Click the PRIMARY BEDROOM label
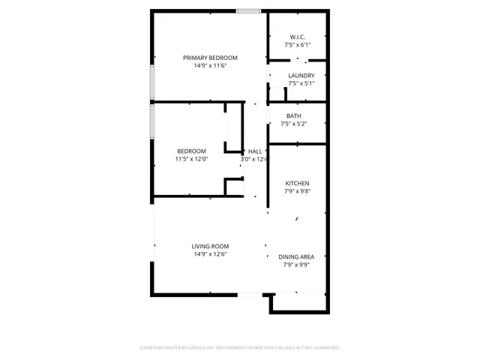pos(211,58)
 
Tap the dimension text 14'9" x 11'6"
pos(211,66)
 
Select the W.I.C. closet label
pos(298,37)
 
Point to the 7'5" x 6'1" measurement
pos(298,45)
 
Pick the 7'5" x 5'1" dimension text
pos(298,83)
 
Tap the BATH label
pos(294,115)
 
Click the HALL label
pos(255,151)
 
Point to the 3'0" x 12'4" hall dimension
pos(253,159)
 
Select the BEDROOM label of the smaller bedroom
pos(191,151)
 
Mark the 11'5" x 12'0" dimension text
pos(191,159)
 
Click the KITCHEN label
pos(297,183)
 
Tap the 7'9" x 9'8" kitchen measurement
pos(297,191)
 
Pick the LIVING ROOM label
pos(210,246)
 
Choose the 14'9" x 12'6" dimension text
pos(210,254)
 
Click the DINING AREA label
pos(296,256)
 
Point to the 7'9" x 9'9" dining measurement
pos(296,265)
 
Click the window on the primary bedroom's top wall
pos(248,10)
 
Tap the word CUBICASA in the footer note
pos(190,348)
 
